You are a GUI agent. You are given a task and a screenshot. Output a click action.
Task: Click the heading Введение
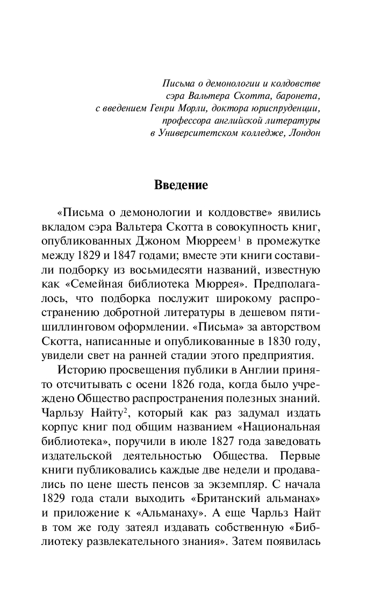pyautogui.click(x=181, y=185)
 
